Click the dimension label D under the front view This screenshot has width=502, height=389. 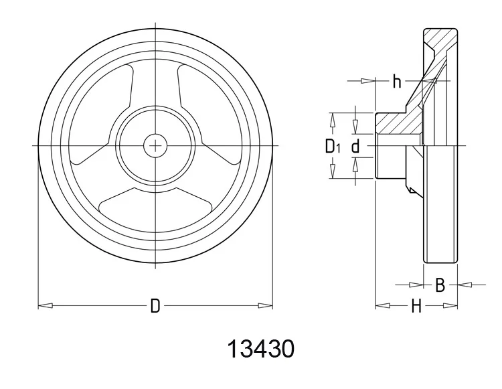(x=155, y=307)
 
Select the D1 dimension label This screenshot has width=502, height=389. (x=333, y=146)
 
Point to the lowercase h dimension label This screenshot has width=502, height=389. (x=396, y=82)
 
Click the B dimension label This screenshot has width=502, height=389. (x=440, y=285)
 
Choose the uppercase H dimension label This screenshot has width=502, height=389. (x=416, y=307)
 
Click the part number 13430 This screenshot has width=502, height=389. (x=260, y=349)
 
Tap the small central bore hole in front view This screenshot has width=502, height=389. (x=155, y=145)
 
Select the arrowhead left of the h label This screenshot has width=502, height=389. (x=367, y=82)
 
